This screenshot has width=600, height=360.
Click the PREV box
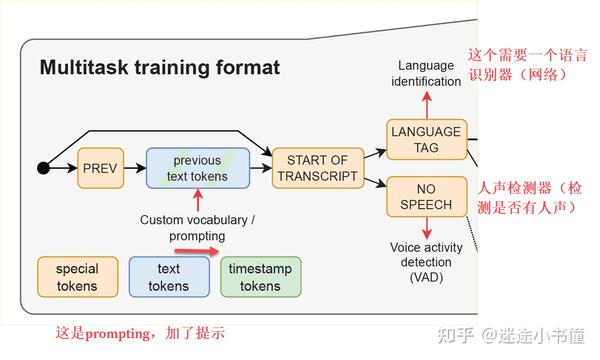(x=101, y=168)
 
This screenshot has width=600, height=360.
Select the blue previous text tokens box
(x=197, y=168)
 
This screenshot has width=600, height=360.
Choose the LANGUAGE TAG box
(x=426, y=139)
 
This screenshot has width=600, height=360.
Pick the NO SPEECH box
(x=426, y=196)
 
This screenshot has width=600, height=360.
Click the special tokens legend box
(x=77, y=277)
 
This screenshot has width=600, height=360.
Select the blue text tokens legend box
(x=168, y=277)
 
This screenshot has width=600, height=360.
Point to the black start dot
(x=43, y=168)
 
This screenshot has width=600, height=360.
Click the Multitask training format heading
(x=159, y=68)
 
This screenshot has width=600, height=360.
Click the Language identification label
(x=426, y=73)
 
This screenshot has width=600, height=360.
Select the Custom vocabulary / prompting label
(x=196, y=227)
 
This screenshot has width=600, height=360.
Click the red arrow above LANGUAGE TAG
(x=427, y=104)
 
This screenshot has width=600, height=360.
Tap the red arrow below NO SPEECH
(x=427, y=229)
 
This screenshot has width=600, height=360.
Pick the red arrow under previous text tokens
(x=197, y=201)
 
